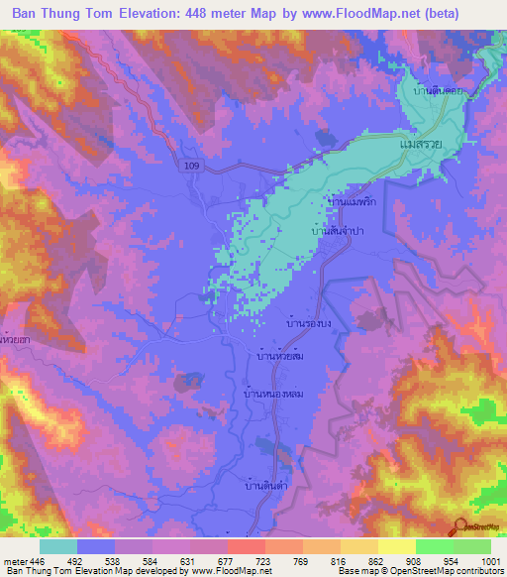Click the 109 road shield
click(191, 169)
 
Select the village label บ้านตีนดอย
click(440, 90)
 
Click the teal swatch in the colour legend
click(58, 546)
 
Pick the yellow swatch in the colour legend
click(396, 546)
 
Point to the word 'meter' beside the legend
click(15, 561)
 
